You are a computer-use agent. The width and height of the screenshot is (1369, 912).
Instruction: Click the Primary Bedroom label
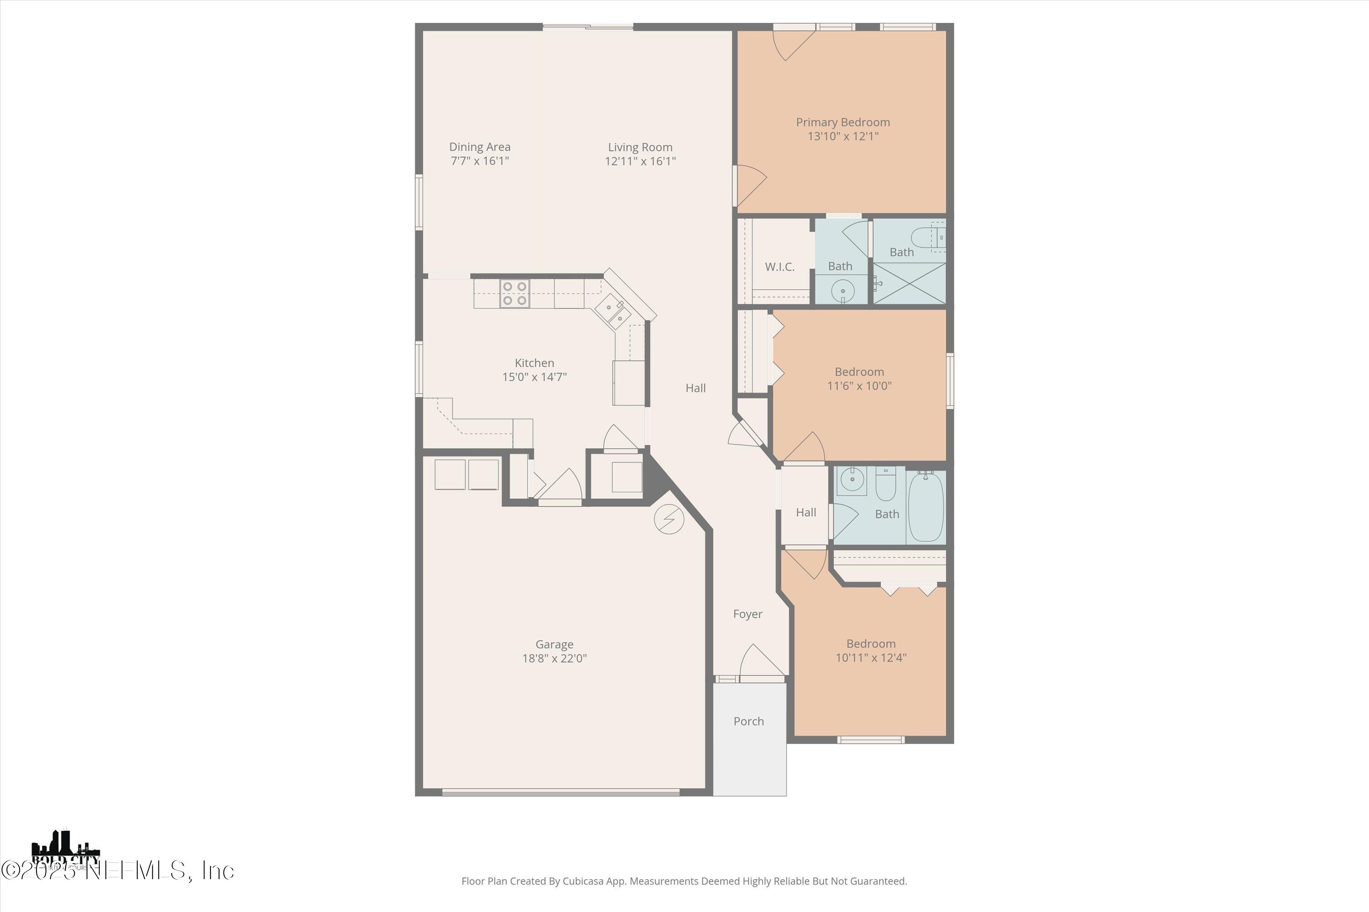coord(842,122)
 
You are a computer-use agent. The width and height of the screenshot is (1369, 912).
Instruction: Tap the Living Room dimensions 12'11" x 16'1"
coord(640,161)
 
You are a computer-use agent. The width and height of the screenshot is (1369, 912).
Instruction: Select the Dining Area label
coord(480,147)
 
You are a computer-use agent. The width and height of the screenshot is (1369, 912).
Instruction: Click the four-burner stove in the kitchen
coord(515,294)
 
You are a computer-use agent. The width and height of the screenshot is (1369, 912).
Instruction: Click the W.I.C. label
coord(779,267)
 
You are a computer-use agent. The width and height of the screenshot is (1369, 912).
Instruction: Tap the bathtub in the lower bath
coord(925,506)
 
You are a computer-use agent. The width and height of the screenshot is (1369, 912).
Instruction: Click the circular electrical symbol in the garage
coord(669,519)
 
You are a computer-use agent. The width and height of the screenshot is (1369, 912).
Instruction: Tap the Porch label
coord(748,721)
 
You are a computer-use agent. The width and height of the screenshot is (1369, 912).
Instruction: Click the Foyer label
coord(747,614)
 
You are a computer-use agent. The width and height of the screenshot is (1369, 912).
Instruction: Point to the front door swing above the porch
coord(760,662)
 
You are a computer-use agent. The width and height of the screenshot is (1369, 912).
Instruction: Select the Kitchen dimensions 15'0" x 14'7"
coord(534,377)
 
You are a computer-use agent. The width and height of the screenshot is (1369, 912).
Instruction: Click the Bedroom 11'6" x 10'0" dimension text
coord(859,386)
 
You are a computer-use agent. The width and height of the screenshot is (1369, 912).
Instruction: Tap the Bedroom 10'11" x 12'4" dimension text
coord(871,658)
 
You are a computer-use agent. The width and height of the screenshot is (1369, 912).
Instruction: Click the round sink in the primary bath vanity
coord(842,290)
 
